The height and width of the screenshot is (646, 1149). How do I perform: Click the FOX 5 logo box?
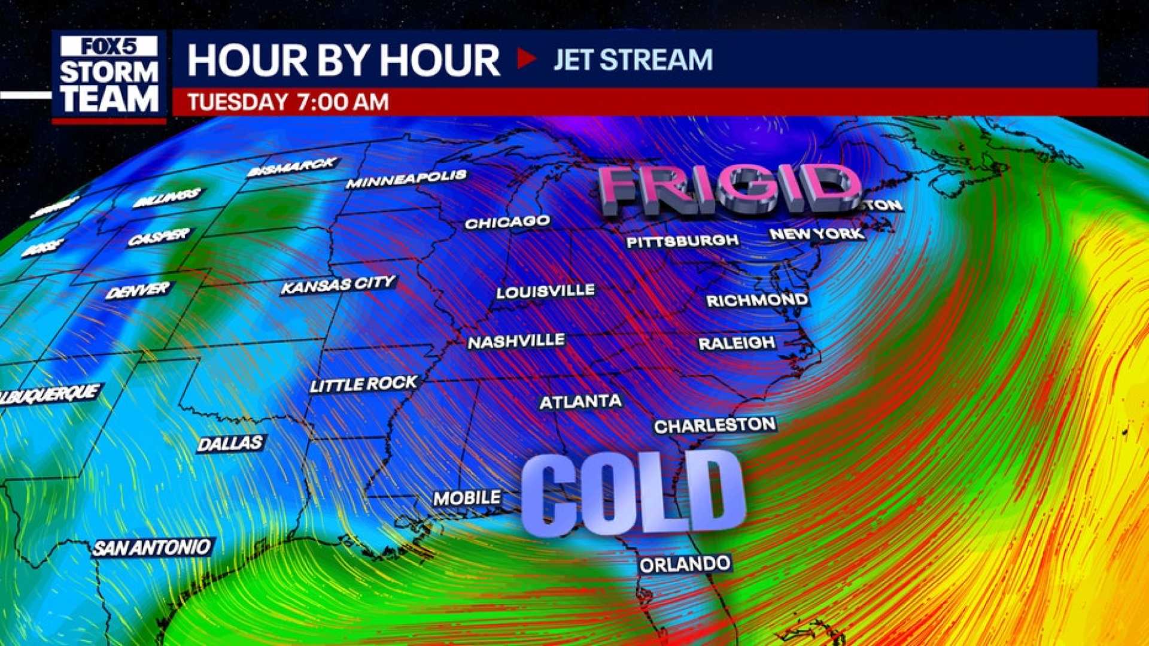(109, 46)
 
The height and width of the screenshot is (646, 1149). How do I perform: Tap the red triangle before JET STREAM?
(526, 59)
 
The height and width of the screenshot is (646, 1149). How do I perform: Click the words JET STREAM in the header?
(633, 60)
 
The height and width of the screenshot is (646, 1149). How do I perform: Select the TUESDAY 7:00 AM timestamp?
(288, 102)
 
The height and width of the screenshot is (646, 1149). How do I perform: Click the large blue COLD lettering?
(633, 495)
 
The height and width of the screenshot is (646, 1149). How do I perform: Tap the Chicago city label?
(507, 222)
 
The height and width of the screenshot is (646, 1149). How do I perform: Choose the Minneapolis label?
(406, 178)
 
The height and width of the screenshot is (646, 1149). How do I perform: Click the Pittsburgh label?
(682, 241)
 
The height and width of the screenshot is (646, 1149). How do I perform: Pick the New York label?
(817, 233)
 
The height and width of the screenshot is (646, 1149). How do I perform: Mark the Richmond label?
(757, 300)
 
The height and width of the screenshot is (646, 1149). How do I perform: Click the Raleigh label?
(737, 343)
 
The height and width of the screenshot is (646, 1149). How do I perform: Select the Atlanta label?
(580, 401)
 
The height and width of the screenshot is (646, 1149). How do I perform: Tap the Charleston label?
(715, 425)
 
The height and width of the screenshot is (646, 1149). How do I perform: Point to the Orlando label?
(685, 564)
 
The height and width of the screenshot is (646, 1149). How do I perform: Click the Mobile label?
(467, 498)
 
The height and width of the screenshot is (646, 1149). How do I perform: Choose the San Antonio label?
(151, 547)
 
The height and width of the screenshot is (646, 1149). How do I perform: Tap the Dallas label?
(230, 443)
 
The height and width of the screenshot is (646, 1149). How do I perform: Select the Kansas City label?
(338, 284)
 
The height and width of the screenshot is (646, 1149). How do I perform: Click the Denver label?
(138, 291)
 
